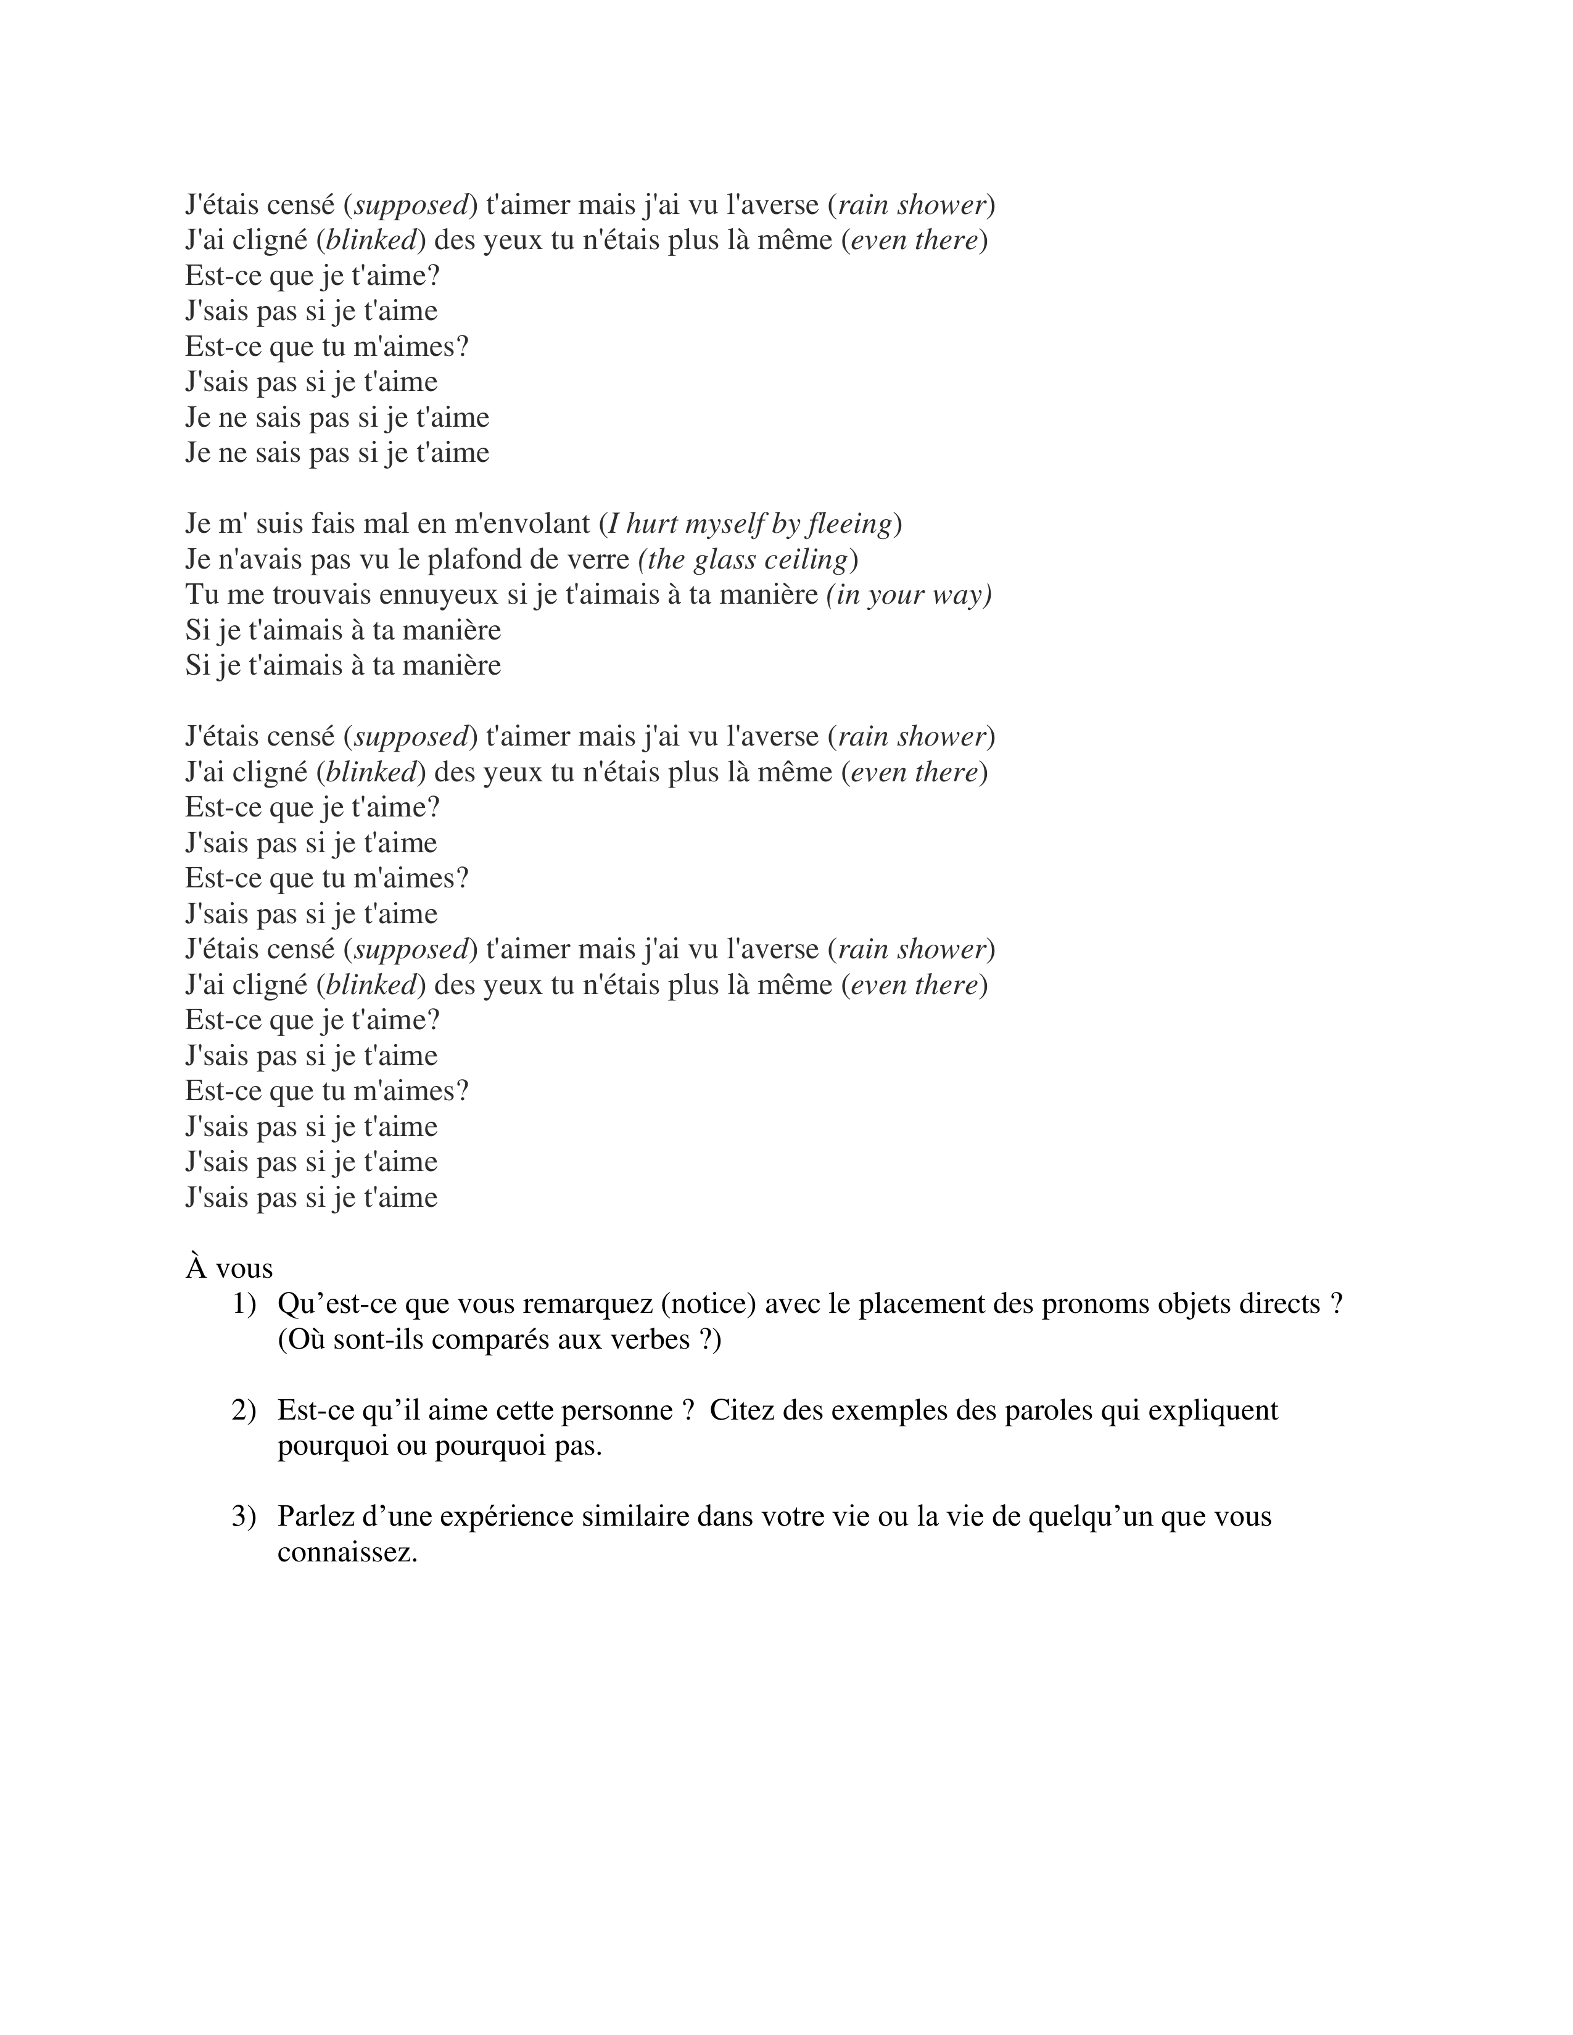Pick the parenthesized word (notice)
pyautogui.click(x=713, y=1304)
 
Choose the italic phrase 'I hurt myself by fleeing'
pyautogui.click(x=749, y=524)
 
